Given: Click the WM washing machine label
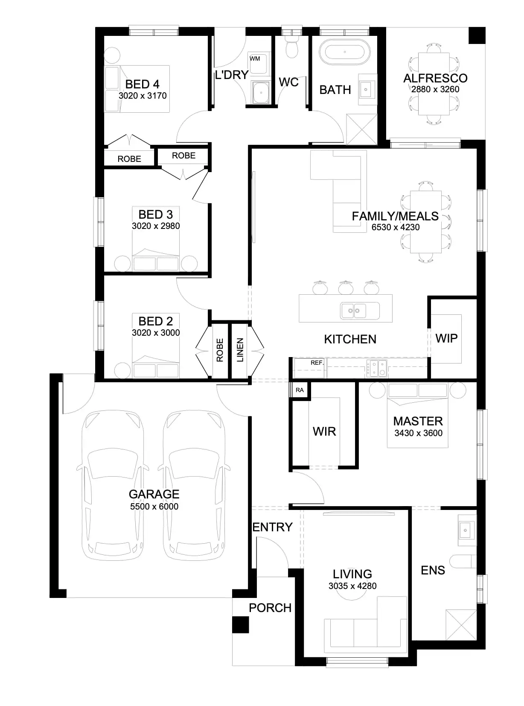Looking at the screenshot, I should pos(255,59).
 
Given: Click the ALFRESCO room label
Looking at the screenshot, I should pos(435,78).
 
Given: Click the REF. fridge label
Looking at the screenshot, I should pos(317,363).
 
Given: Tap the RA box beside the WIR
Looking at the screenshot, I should pos(300,390).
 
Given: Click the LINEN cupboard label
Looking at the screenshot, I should pos(240,350).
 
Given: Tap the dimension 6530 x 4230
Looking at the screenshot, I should pos(395,228).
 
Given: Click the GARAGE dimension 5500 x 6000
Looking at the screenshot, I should pos(154,507).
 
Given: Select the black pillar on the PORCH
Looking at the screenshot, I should pos(240,625).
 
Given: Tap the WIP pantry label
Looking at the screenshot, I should pos(446,338).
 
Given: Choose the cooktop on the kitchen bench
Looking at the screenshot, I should pos(377,369).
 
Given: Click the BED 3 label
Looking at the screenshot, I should pos(155,214).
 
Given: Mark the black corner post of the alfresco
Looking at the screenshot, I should pos(477,35).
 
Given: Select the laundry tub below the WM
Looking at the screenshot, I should pos(259,92).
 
